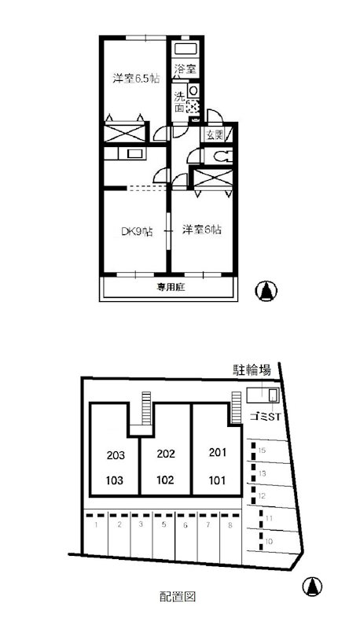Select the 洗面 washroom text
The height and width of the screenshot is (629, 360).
point(180,103)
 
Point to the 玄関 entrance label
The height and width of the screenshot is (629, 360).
point(214,135)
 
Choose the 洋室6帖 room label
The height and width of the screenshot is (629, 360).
point(202,230)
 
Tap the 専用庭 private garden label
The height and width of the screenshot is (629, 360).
point(169,289)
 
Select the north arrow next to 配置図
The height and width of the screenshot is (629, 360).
point(313,587)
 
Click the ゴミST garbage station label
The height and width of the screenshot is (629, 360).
point(263,416)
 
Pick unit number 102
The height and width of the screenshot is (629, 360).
point(165,479)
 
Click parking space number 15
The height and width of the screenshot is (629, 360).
point(263,451)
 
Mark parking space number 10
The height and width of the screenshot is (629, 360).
point(269,542)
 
